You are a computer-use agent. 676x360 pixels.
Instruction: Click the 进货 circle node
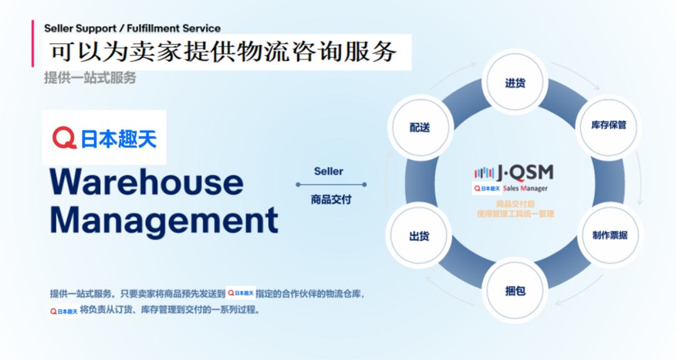(515, 83)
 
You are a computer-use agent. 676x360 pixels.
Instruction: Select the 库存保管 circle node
(608, 125)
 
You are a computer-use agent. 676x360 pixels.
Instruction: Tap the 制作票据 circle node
(610, 235)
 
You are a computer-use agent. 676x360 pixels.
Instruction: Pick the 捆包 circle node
(515, 291)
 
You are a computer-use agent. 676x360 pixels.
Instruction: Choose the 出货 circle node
(419, 236)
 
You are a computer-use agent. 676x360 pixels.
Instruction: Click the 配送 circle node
(419, 127)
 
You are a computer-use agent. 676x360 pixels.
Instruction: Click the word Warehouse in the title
(146, 182)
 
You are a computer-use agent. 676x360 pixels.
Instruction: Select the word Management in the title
(164, 220)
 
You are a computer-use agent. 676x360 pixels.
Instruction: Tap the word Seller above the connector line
(329, 171)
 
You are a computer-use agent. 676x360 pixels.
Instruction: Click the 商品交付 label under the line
(330, 200)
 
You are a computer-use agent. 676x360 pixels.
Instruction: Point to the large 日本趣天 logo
(105, 138)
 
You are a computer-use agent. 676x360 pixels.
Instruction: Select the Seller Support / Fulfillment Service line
(132, 28)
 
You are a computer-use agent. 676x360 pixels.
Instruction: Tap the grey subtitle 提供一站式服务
(90, 78)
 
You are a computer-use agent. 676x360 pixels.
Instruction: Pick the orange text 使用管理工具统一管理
(515, 213)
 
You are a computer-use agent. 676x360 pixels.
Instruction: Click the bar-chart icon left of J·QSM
(484, 172)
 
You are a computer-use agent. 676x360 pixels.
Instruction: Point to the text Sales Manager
(525, 188)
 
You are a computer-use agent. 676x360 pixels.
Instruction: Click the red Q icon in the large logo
(64, 138)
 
